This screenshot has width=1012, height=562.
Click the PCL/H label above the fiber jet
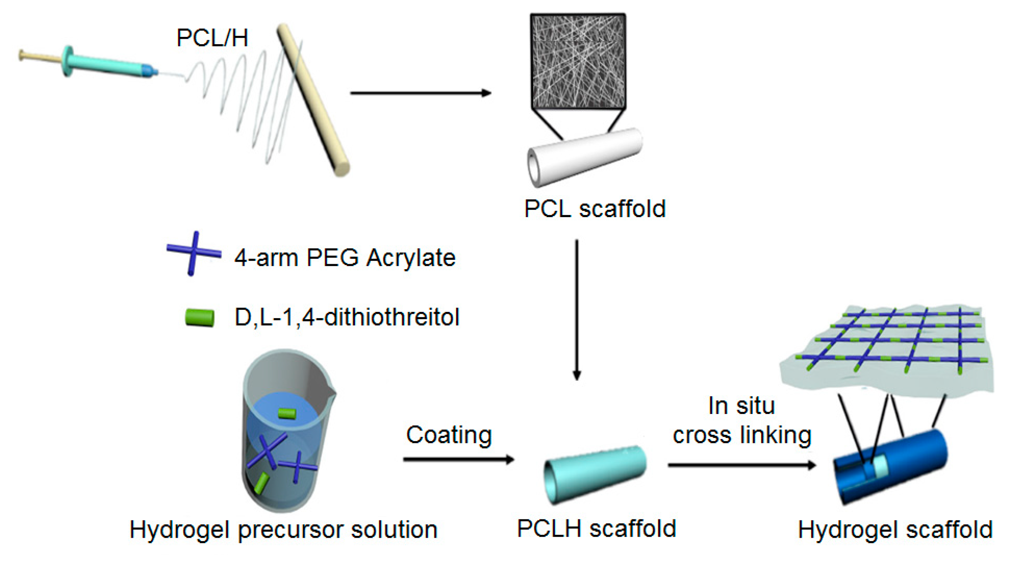click(212, 38)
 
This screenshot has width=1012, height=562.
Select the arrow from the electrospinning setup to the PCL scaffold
click(420, 93)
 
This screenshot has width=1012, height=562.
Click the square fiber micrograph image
click(578, 61)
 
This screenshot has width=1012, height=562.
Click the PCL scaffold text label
click(595, 208)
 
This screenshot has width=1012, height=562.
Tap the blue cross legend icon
click(193, 254)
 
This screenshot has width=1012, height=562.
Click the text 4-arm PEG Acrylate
click(345, 258)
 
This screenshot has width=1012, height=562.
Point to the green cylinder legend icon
click(199, 317)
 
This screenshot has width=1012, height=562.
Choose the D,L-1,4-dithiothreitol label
click(347, 317)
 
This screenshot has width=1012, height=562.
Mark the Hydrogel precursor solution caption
click(283, 529)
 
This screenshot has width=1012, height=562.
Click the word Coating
click(449, 435)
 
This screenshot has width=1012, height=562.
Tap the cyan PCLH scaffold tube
click(595, 474)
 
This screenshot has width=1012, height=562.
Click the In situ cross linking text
click(742, 420)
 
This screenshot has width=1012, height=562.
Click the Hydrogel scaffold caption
click(895, 529)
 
